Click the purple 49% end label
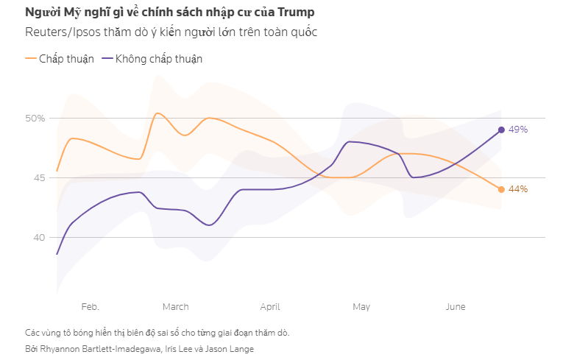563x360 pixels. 518,130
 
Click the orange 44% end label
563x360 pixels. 518,189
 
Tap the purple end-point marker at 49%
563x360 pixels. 501,130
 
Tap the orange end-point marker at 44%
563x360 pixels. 501,189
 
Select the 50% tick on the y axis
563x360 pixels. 36,118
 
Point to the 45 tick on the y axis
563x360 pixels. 39,177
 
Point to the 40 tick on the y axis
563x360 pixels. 39,237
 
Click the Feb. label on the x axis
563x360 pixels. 91,306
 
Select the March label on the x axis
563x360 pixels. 175,306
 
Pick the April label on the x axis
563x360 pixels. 270,306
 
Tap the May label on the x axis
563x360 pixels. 361,306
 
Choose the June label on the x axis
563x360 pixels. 456,306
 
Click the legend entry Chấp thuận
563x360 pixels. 66,59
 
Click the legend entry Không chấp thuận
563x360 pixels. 159,59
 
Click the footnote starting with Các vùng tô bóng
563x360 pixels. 157,332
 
